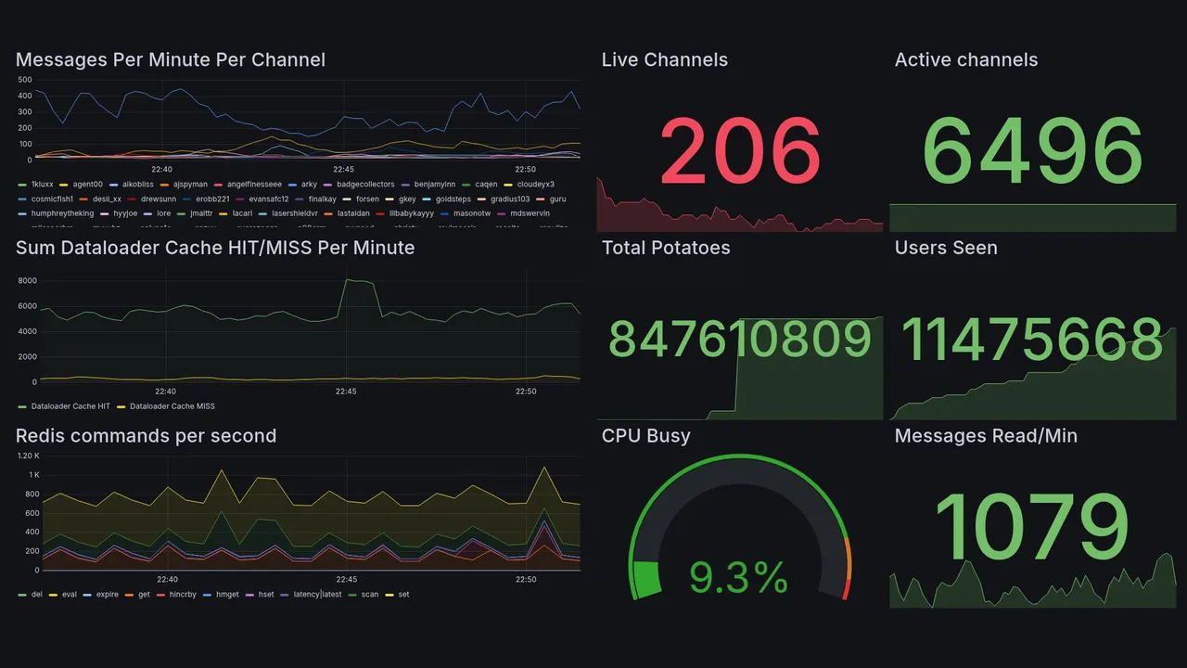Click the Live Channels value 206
(x=740, y=150)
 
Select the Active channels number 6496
(x=1032, y=150)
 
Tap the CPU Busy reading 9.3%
(x=739, y=578)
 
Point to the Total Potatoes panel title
(x=665, y=248)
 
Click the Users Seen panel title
(x=945, y=248)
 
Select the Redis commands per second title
(x=146, y=436)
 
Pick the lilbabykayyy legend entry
(x=407, y=213)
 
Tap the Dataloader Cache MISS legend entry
(x=172, y=406)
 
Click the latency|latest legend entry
(x=317, y=595)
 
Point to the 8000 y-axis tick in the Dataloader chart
(x=27, y=280)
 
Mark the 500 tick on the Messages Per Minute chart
(x=25, y=80)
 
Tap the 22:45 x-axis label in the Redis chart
(x=345, y=580)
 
